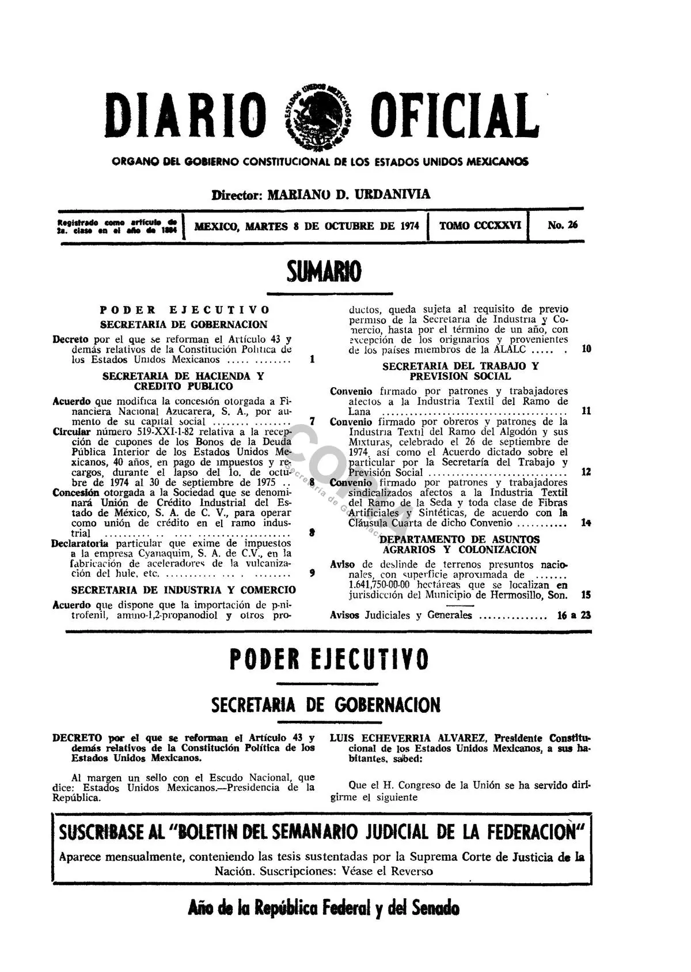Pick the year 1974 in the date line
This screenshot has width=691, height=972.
(x=409, y=226)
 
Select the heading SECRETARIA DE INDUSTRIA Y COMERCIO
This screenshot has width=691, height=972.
(x=184, y=590)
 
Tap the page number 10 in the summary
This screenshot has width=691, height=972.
(x=586, y=349)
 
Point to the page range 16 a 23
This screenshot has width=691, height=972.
(x=574, y=615)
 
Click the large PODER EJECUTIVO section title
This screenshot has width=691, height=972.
(x=328, y=660)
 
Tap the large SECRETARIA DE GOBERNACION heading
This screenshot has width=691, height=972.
(x=326, y=705)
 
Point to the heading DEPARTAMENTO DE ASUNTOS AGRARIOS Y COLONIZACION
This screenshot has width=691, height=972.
(x=460, y=544)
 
